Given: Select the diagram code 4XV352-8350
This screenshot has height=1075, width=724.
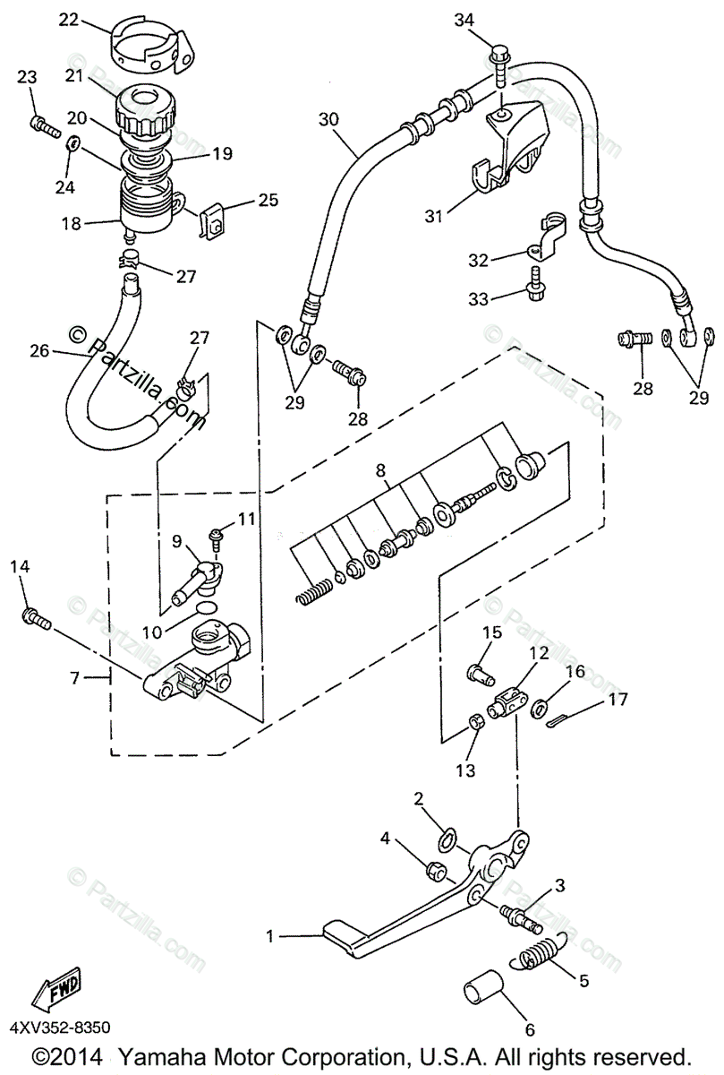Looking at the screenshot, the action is (61, 1028).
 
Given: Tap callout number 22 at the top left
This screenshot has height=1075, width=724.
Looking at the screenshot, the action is (69, 21).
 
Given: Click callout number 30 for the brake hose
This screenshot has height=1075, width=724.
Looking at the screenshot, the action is (329, 119).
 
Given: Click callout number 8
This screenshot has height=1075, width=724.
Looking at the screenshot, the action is (380, 471).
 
